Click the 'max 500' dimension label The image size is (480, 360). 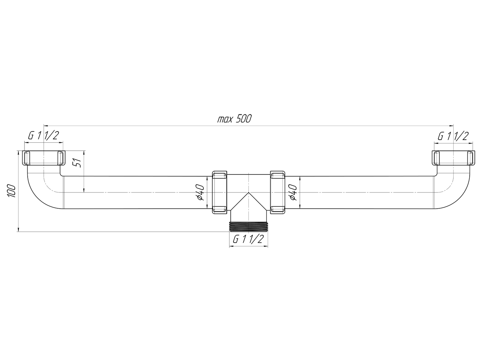[x=234, y=119]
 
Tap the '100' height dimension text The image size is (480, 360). [x=11, y=191]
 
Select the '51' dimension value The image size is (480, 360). [x=78, y=163]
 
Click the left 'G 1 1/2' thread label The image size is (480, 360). [x=44, y=136]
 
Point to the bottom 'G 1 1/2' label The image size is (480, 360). [x=248, y=239]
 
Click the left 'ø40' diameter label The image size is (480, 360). [x=200, y=192]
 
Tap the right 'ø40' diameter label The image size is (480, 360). [x=293, y=192]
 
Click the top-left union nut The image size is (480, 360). [x=44, y=158]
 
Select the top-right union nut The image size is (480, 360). [x=453, y=158]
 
